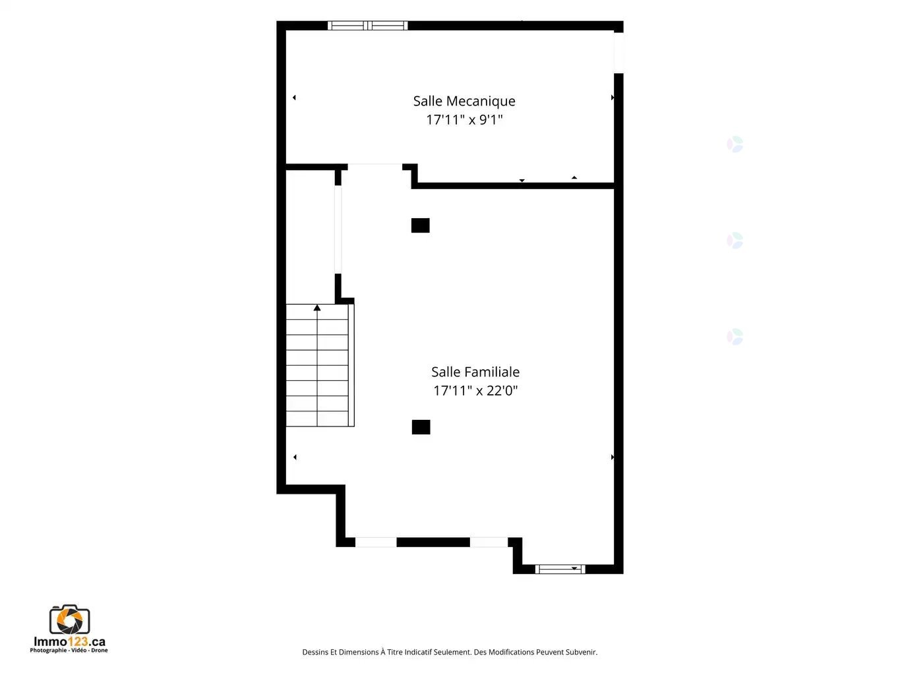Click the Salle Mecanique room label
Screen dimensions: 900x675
coord(464,101)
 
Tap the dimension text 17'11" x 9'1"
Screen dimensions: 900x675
coord(464,120)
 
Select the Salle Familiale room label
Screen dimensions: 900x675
coord(475,372)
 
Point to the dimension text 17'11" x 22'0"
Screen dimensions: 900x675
coord(475,391)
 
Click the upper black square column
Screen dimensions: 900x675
coord(420,225)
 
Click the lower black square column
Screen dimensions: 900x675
coord(421,427)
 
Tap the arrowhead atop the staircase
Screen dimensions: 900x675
coord(317,307)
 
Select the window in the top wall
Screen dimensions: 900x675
coord(367,26)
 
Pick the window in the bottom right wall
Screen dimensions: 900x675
coord(560,569)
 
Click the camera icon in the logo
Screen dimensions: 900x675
coord(69,620)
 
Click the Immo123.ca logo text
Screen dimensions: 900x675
coord(69,641)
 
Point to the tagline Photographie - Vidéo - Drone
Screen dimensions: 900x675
coord(69,650)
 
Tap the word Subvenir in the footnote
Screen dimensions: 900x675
coord(582,652)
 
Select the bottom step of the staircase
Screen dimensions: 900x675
coord(317,419)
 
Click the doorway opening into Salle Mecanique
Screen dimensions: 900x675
coord(375,167)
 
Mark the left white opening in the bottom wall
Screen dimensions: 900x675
coord(376,543)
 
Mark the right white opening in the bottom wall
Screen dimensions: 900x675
coord(489,543)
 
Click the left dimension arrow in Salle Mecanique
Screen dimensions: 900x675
coord(294,98)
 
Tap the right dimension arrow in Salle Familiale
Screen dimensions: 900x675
coord(613,457)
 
